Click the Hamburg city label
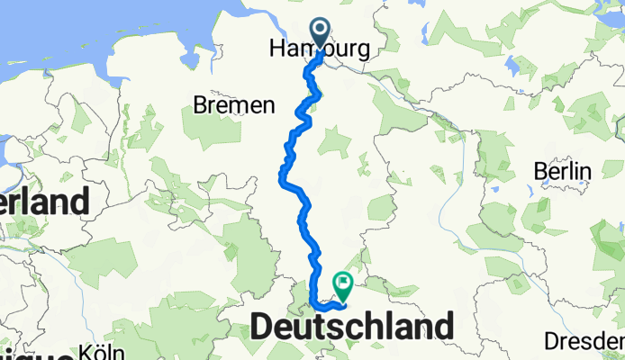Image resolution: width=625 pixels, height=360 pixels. tap(319, 53)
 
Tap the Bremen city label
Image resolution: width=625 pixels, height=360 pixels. tap(233, 106)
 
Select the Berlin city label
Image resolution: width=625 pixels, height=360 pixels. tap(560, 172)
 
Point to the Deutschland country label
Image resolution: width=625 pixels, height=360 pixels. tap(351, 327)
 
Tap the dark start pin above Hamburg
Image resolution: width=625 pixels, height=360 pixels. tap(321, 30)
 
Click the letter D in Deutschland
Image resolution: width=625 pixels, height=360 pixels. tap(262, 327)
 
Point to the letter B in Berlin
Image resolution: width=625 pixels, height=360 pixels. tap(539, 172)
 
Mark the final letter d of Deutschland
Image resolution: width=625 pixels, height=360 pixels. tap(443, 327)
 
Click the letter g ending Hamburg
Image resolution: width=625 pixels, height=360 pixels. tap(362, 55)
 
